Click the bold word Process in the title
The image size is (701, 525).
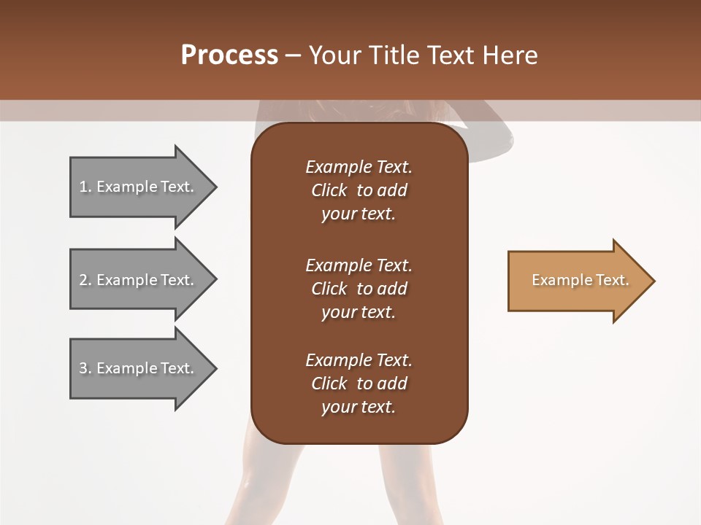tap(229, 55)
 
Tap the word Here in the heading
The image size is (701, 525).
tap(510, 55)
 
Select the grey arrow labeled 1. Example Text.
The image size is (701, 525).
tap(139, 187)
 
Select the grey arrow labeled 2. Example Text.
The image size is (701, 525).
tap(139, 280)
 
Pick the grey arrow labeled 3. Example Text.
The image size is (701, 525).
tap(139, 368)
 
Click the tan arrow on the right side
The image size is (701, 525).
tap(577, 281)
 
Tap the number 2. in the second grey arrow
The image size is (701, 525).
tap(85, 280)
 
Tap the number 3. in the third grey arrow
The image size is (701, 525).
tap(85, 368)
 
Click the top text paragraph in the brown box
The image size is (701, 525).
tap(359, 190)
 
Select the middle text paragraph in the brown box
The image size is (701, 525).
tap(359, 289)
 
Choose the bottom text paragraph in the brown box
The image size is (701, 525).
tap(359, 384)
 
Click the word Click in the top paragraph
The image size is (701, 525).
tap(329, 190)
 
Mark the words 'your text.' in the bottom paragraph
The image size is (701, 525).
tap(359, 407)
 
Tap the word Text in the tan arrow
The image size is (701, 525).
tap(613, 280)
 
